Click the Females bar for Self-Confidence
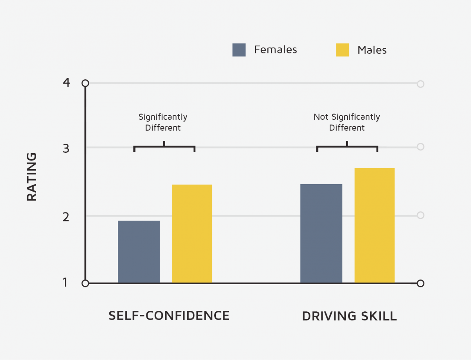[139, 252]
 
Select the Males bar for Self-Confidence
[192, 234]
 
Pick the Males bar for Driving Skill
[374, 225]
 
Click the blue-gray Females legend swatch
[239, 50]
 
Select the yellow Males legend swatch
[342, 50]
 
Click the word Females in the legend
[276, 50]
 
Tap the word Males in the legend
[372, 50]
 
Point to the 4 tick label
[66, 83]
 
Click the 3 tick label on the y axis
[66, 148]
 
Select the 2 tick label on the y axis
[66, 216]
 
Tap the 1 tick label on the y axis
[65, 283]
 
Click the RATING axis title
[32, 177]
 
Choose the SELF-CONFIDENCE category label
[169, 316]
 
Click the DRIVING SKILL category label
[349, 316]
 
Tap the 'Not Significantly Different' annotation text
[347, 122]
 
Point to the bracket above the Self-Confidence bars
[164, 147]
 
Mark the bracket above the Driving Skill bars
[347, 147]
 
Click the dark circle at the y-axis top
[85, 83]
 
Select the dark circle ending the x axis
[420, 283]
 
